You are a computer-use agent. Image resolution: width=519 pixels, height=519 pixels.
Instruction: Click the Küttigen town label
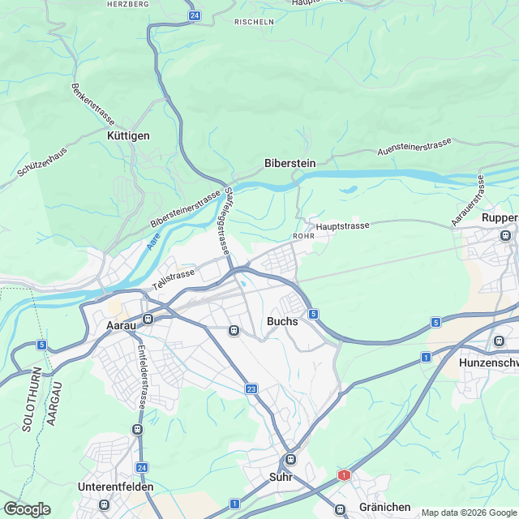pyautogui.click(x=129, y=135)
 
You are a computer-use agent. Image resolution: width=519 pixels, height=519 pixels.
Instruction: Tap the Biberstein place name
pyautogui.click(x=290, y=163)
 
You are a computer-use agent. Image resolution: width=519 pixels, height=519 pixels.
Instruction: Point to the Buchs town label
pyautogui.click(x=282, y=321)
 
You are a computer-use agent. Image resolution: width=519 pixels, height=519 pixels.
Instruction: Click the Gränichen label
pyautogui.click(x=385, y=507)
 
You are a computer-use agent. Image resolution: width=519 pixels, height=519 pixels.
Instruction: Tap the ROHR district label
pyautogui.click(x=302, y=237)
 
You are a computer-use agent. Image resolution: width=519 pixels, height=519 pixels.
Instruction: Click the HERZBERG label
pyautogui.click(x=127, y=4)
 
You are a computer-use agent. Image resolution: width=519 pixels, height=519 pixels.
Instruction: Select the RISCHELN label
pyautogui.click(x=254, y=22)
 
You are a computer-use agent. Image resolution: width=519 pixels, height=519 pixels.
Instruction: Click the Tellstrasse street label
pyautogui.click(x=174, y=281)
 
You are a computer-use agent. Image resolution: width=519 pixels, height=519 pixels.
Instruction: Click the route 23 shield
pyautogui.click(x=252, y=390)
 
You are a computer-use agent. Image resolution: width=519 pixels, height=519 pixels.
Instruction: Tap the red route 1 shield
pyautogui.click(x=345, y=474)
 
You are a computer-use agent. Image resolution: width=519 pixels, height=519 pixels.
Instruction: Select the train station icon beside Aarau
pyautogui.click(x=148, y=319)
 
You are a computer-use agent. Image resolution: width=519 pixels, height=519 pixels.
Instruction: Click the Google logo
pyautogui.click(x=27, y=508)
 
